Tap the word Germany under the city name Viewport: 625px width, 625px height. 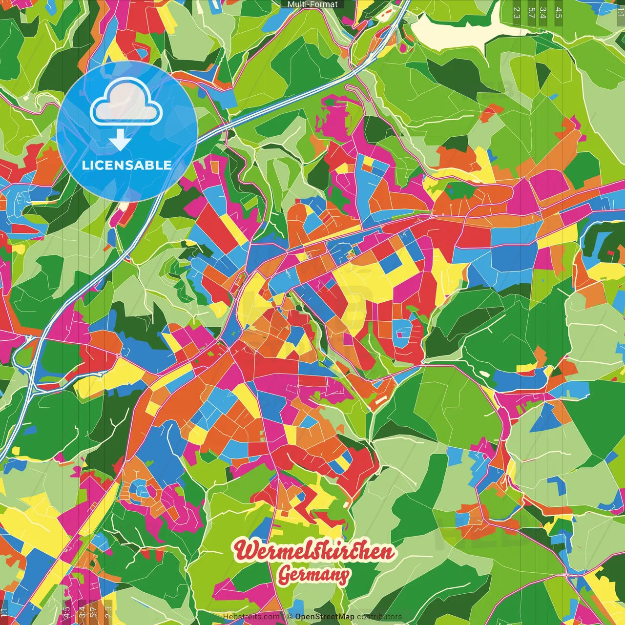[313, 575]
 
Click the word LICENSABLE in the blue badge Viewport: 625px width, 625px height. [127, 165]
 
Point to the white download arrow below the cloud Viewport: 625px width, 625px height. [120, 141]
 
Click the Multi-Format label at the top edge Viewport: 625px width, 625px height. [312, 4]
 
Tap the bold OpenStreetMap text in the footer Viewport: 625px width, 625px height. [325, 617]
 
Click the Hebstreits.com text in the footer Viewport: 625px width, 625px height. [251, 617]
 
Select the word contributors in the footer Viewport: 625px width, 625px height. [379, 617]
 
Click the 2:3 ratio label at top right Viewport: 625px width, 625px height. [517, 13]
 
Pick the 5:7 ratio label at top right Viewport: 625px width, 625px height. [531, 13]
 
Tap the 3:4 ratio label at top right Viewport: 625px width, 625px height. [543, 13]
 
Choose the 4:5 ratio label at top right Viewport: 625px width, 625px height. [559, 13]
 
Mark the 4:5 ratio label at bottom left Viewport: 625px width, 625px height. [66, 612]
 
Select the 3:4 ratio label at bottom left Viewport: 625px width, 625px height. [82, 612]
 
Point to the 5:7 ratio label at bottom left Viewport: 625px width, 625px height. [94, 612]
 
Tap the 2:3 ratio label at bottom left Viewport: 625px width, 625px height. [108, 612]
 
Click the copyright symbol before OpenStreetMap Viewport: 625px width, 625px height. [290, 617]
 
